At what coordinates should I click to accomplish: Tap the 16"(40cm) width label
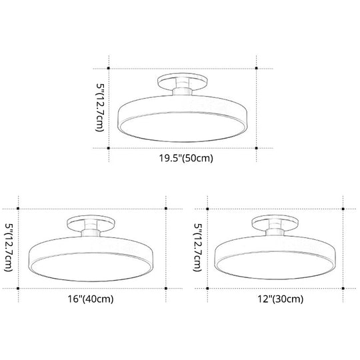click(x=91, y=299)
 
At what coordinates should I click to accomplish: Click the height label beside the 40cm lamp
click(x=9, y=247)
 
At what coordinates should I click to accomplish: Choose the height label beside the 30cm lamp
click(x=198, y=247)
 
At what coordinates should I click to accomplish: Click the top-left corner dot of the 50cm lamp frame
click(x=111, y=68)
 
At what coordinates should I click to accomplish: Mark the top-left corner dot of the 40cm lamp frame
click(x=18, y=209)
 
